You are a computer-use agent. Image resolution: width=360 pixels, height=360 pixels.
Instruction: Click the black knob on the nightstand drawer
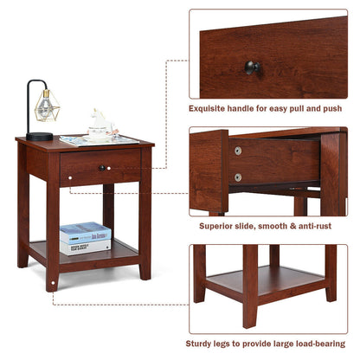point(102,167)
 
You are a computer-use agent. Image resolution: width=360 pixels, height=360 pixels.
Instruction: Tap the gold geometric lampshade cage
point(45,106)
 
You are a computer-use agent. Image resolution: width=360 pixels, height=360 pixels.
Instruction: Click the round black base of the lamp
point(39,136)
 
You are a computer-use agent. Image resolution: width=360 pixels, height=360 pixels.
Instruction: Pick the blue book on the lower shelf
point(85,233)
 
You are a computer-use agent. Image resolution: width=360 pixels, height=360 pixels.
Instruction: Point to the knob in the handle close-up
point(251,67)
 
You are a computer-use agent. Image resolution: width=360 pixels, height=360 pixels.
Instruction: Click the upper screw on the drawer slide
point(238,151)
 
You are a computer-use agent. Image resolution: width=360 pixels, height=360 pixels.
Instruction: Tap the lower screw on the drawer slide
point(238,177)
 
